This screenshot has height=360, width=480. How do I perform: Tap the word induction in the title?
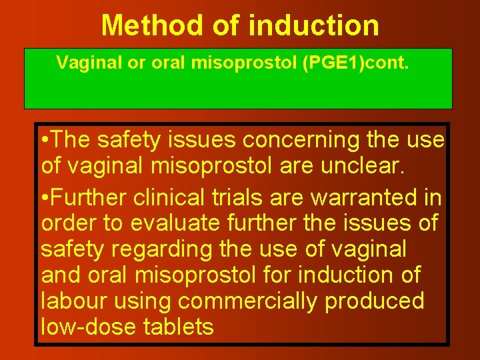[x=314, y=25]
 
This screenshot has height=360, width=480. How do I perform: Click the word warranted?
[x=374, y=198]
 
